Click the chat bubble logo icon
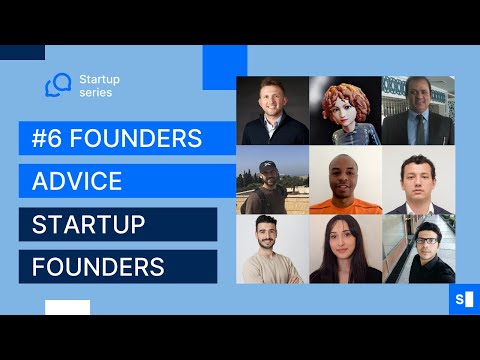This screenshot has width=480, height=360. [x=59, y=85]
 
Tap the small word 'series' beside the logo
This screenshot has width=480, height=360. [x=96, y=93]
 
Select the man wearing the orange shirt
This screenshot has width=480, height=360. [x=345, y=181]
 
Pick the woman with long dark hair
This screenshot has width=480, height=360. [x=345, y=250]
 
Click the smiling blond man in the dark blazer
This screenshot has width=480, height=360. [x=271, y=110]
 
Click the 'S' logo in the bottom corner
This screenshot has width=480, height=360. [x=463, y=298]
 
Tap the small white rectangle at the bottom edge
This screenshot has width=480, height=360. [x=67, y=307]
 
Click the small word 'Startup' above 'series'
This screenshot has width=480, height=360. [x=99, y=76]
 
